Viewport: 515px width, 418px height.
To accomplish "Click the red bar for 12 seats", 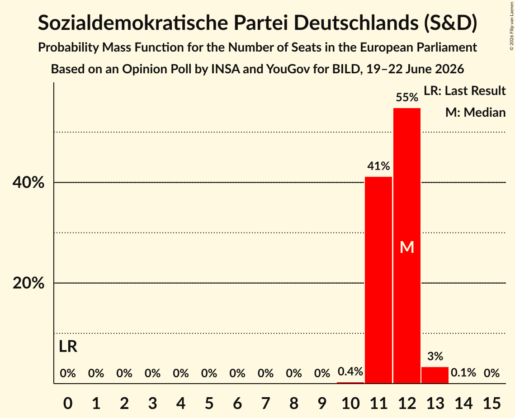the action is point(407,246).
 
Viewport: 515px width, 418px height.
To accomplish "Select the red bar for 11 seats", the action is point(378,280).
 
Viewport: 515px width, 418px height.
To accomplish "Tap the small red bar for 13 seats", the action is point(435,375).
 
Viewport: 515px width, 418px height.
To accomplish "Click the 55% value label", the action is point(407,97).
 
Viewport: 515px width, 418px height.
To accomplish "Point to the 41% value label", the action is point(378,166).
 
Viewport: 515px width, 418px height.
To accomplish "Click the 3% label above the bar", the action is point(435,356).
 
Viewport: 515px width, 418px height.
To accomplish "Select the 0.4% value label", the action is point(350,372).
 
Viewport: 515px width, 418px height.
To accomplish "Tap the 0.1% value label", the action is point(463,373).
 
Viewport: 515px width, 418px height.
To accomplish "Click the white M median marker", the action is point(407,247).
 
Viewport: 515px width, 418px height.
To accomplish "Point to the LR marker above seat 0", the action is point(68,347).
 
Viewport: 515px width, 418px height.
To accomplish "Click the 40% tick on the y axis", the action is point(28,182).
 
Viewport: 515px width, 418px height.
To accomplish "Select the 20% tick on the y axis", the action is point(28,283).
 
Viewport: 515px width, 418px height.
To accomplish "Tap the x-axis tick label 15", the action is point(491,403).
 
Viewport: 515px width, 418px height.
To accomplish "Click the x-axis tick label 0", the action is point(68,403).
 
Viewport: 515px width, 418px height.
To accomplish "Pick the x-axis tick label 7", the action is point(265,403).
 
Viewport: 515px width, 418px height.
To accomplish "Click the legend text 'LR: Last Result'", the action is point(464,90).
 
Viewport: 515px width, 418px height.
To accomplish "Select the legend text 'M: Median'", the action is point(475,112).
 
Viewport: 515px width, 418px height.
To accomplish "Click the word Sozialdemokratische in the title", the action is point(132,23).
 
